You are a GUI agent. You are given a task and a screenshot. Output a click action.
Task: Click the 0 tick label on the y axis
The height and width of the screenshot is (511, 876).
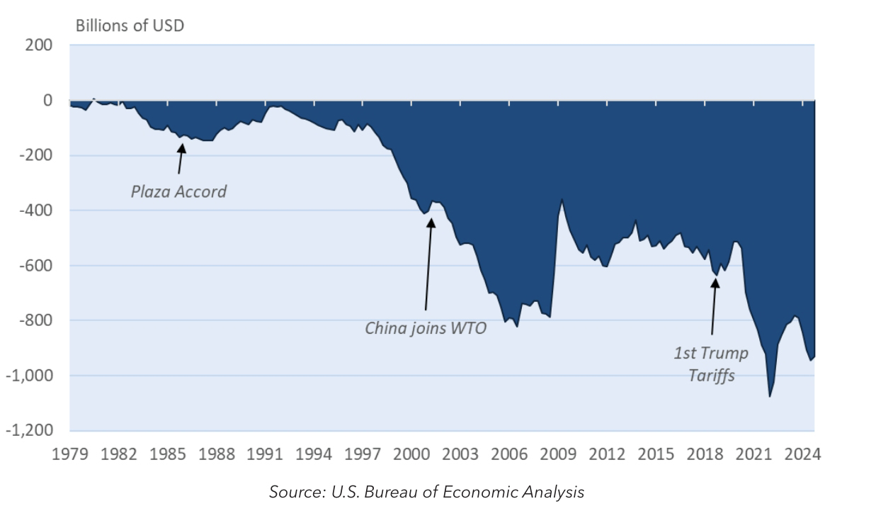click(47, 101)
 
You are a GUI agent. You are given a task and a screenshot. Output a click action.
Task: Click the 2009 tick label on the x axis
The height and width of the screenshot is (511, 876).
click(558, 454)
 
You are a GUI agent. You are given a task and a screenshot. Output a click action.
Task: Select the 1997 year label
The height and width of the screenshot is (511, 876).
click(363, 454)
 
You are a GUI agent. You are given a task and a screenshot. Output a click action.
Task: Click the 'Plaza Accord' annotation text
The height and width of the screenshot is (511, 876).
click(178, 191)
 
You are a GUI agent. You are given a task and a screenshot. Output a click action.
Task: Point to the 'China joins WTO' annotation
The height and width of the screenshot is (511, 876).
click(426, 328)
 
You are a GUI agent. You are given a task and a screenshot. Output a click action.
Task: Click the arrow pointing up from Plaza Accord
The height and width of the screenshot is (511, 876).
click(180, 159)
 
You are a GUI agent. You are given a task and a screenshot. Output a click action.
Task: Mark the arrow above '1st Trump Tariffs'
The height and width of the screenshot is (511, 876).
click(714, 305)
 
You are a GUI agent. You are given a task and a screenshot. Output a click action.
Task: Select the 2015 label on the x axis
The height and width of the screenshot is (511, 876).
click(656, 454)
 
